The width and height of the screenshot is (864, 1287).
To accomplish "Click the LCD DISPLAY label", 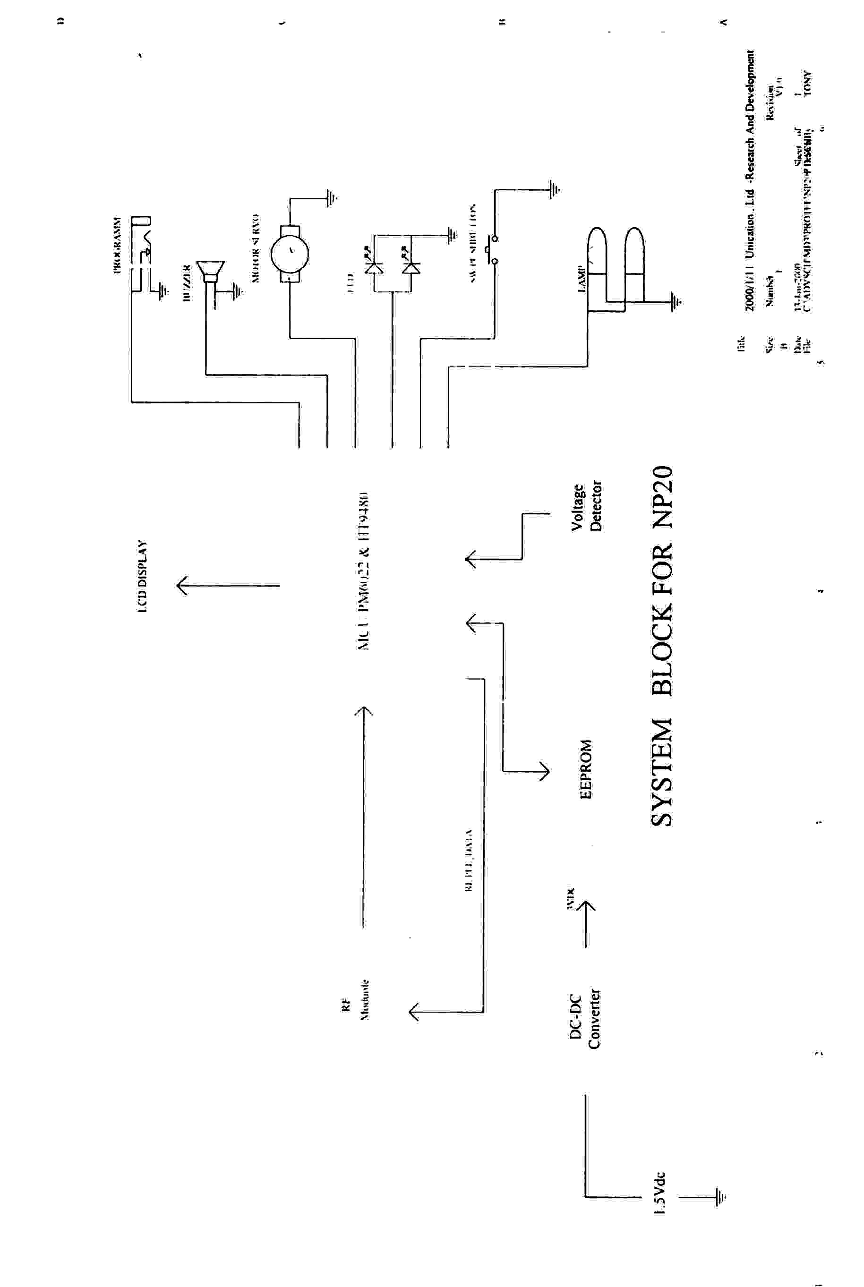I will (142, 576).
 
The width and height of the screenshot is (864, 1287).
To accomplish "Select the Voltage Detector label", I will (586, 506).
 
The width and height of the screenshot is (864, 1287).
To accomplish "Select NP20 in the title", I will (661, 497).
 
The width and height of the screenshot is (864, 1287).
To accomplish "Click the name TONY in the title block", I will (807, 83).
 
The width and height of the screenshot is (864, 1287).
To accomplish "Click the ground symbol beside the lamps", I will (676, 301).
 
